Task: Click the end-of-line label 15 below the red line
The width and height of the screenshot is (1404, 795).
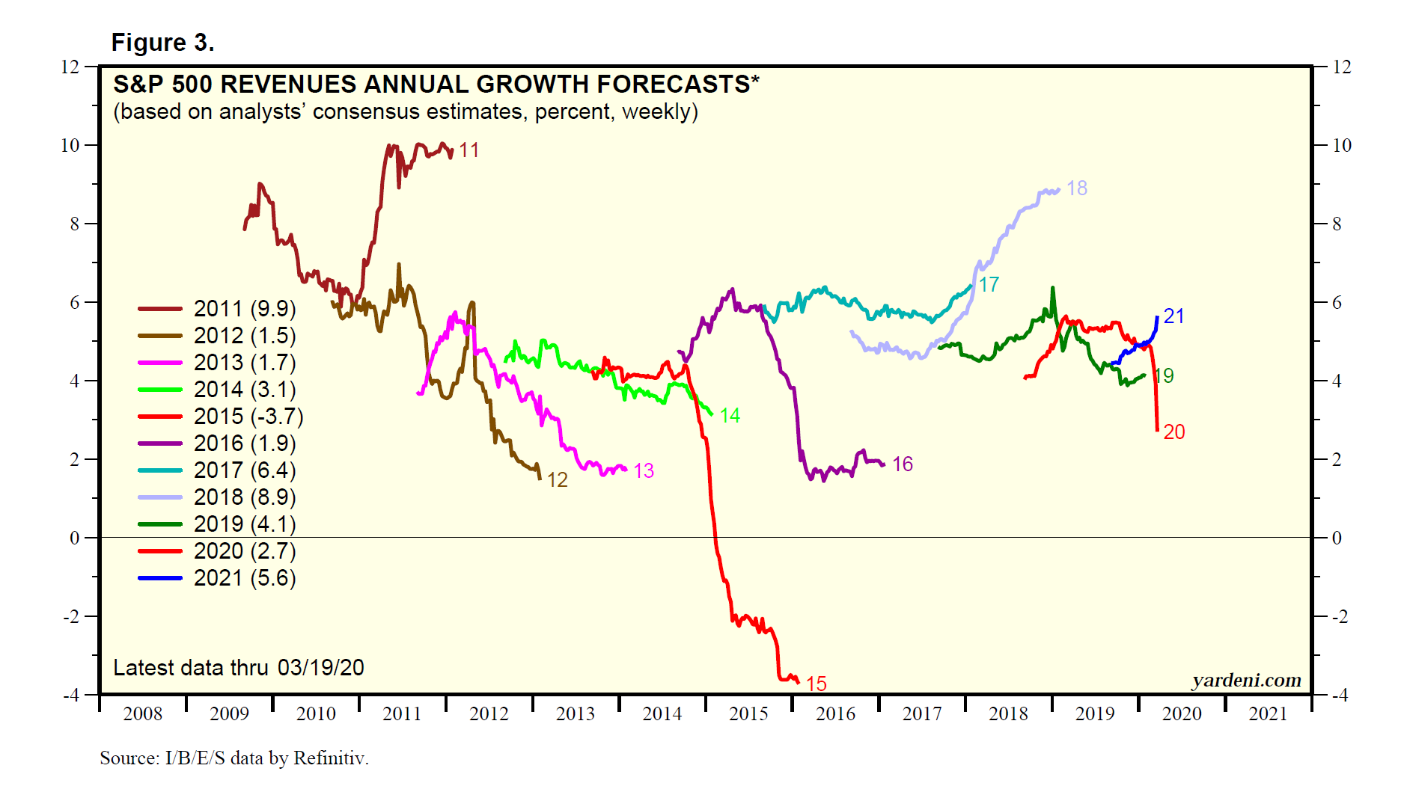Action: [x=816, y=684]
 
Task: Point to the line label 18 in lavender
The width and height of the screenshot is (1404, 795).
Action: [x=1076, y=188]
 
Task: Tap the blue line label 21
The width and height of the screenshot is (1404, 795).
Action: [x=1173, y=316]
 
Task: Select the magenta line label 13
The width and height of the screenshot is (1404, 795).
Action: [x=644, y=471]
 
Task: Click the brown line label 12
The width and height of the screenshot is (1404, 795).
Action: [x=557, y=480]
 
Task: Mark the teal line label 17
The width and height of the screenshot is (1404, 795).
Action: [x=989, y=285]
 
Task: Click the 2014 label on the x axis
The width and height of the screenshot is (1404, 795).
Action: [x=662, y=714]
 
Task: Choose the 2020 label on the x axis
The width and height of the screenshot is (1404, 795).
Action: [x=1181, y=714]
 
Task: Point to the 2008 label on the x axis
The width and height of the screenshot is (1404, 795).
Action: [x=142, y=714]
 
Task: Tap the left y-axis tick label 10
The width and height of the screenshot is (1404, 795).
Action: [x=70, y=146]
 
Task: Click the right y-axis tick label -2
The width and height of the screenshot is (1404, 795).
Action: [x=1337, y=617]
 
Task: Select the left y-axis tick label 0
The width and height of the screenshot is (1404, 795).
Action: [x=74, y=538]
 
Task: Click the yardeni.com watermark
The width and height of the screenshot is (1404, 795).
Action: [x=1246, y=681]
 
